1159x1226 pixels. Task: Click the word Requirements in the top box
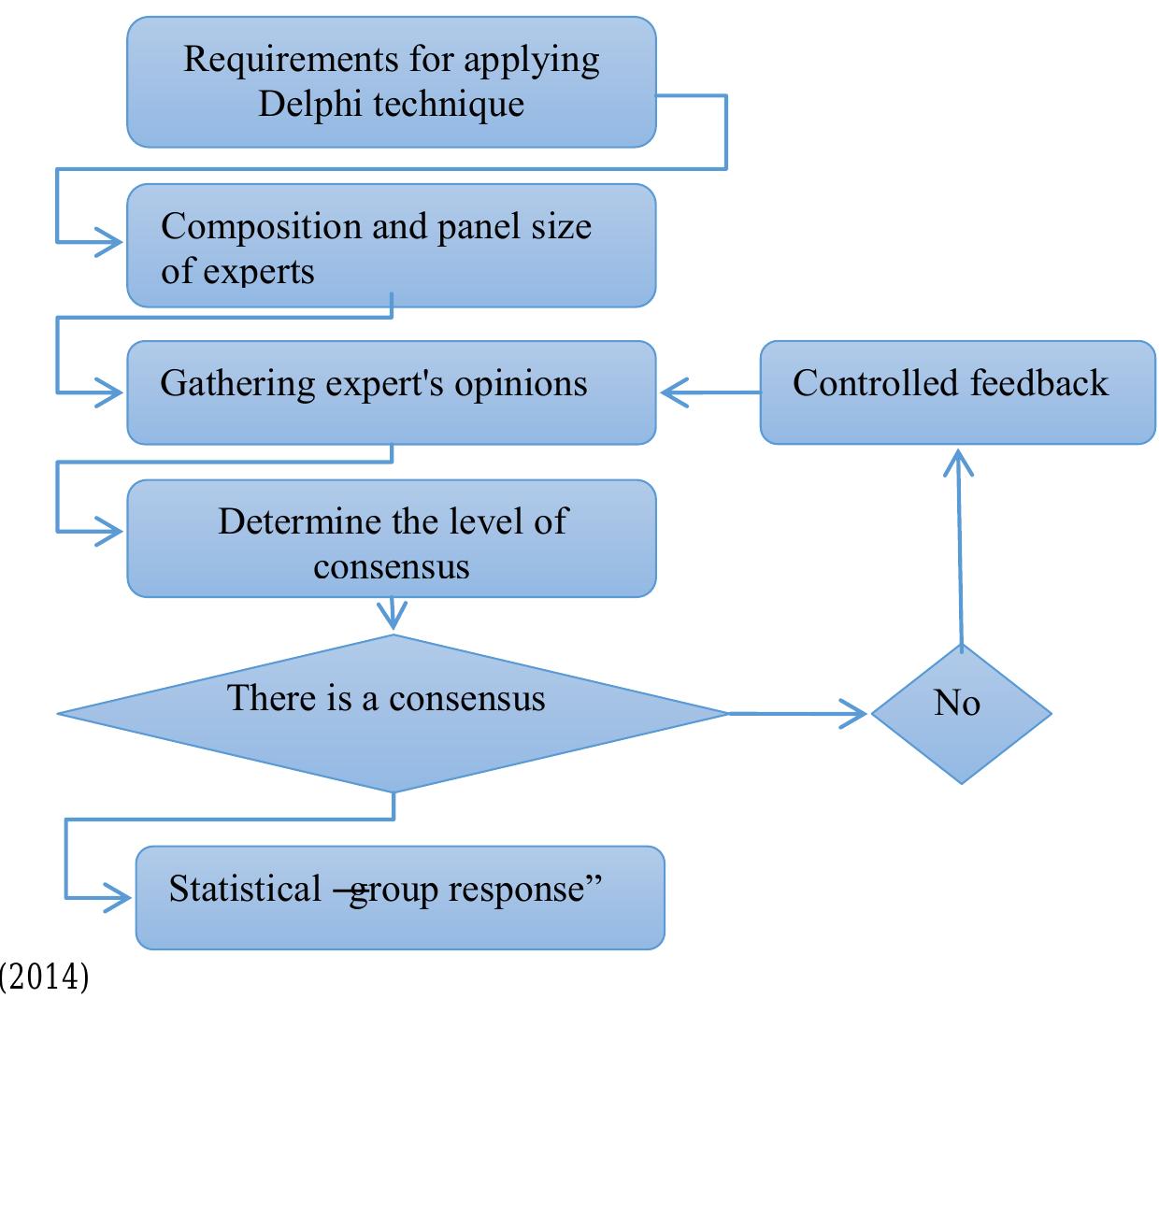pyautogui.click(x=291, y=61)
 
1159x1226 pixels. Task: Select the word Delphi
pyautogui.click(x=309, y=104)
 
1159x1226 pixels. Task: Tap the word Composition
pyautogui.click(x=261, y=228)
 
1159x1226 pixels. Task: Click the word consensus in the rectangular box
pyautogui.click(x=391, y=566)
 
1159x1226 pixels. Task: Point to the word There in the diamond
pyautogui.click(x=270, y=697)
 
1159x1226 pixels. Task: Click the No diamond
pyautogui.click(x=961, y=713)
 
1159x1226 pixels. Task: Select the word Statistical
pyautogui.click(x=245, y=889)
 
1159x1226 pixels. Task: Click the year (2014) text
pyautogui.click(x=44, y=977)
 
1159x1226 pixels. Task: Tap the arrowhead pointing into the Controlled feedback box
pyautogui.click(x=958, y=464)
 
